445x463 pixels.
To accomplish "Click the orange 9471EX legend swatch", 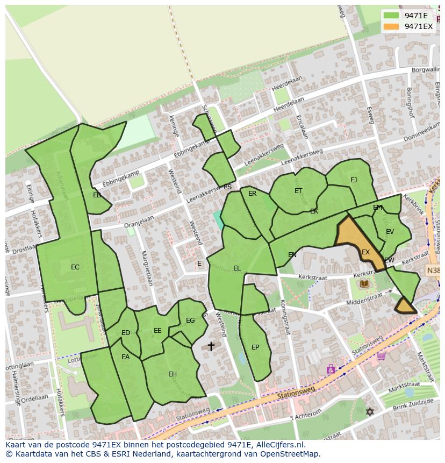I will coord(392,26).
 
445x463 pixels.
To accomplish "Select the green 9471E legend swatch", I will coord(392,16).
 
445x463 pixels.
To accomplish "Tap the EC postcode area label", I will coord(75,267).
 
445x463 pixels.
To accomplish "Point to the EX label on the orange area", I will coord(365,252).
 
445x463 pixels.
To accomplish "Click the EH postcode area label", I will coord(173,374).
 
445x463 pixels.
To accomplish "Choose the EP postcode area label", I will coord(255,347).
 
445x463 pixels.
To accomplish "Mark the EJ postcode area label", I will coord(354,180).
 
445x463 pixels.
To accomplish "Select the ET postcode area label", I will coord(298,191).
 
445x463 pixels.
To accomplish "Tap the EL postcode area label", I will coord(237,268).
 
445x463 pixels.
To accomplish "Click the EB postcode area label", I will coord(97,195).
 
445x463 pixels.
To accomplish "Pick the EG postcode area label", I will coord(190,320).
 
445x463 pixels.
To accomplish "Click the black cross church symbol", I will coord(211,346).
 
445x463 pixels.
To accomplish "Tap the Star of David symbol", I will coord(369,411).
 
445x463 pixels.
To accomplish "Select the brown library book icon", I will coord(364,283).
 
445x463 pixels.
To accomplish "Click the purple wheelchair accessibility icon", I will coord(331,369).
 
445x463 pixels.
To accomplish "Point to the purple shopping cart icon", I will coord(381,355).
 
